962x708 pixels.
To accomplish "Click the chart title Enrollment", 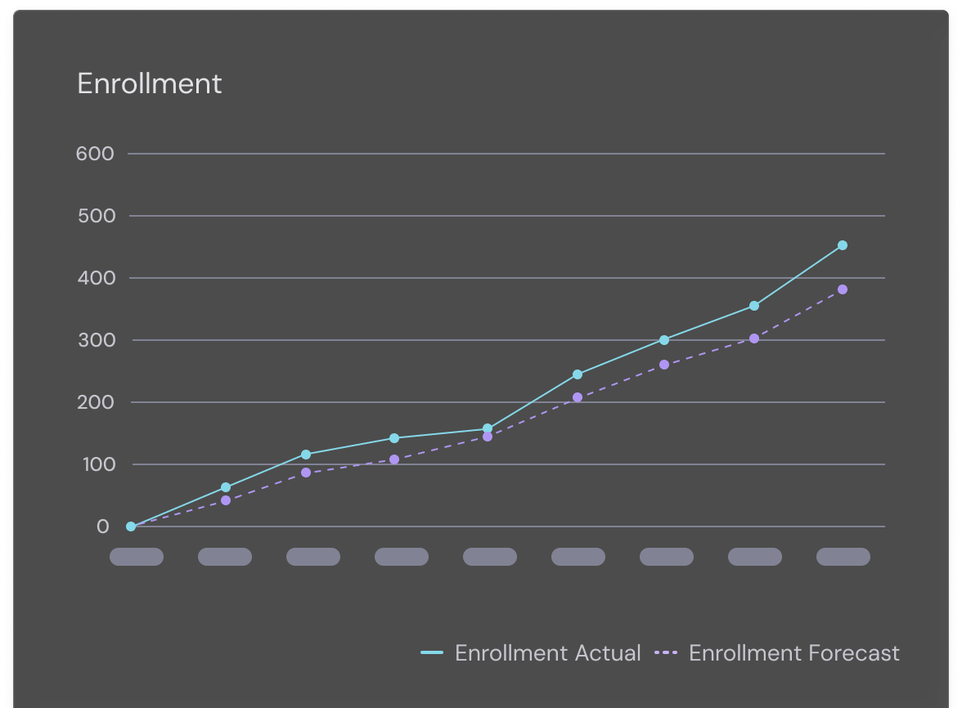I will pyautogui.click(x=149, y=84).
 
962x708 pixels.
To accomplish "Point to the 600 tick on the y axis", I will pyautogui.click(x=95, y=154).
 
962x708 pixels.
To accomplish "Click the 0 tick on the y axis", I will pyautogui.click(x=102, y=527).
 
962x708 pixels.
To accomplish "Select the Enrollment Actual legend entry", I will pyautogui.click(x=531, y=653).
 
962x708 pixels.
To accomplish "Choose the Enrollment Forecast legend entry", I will pyautogui.click(x=778, y=653).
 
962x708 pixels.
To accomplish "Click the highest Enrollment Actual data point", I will pyautogui.click(x=843, y=245).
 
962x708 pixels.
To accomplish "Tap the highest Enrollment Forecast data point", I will pyautogui.click(x=843, y=289).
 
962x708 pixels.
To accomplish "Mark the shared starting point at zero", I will pyautogui.click(x=131, y=527).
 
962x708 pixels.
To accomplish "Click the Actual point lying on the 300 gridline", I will pyautogui.click(x=664, y=340).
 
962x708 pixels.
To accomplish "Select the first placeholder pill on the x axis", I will pyautogui.click(x=137, y=557).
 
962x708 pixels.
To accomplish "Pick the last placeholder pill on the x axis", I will pyautogui.click(x=843, y=557).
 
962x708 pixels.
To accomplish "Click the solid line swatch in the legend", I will pyautogui.click(x=432, y=653).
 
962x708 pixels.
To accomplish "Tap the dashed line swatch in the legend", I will pyautogui.click(x=667, y=653).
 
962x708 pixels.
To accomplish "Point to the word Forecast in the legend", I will pyautogui.click(x=853, y=653).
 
